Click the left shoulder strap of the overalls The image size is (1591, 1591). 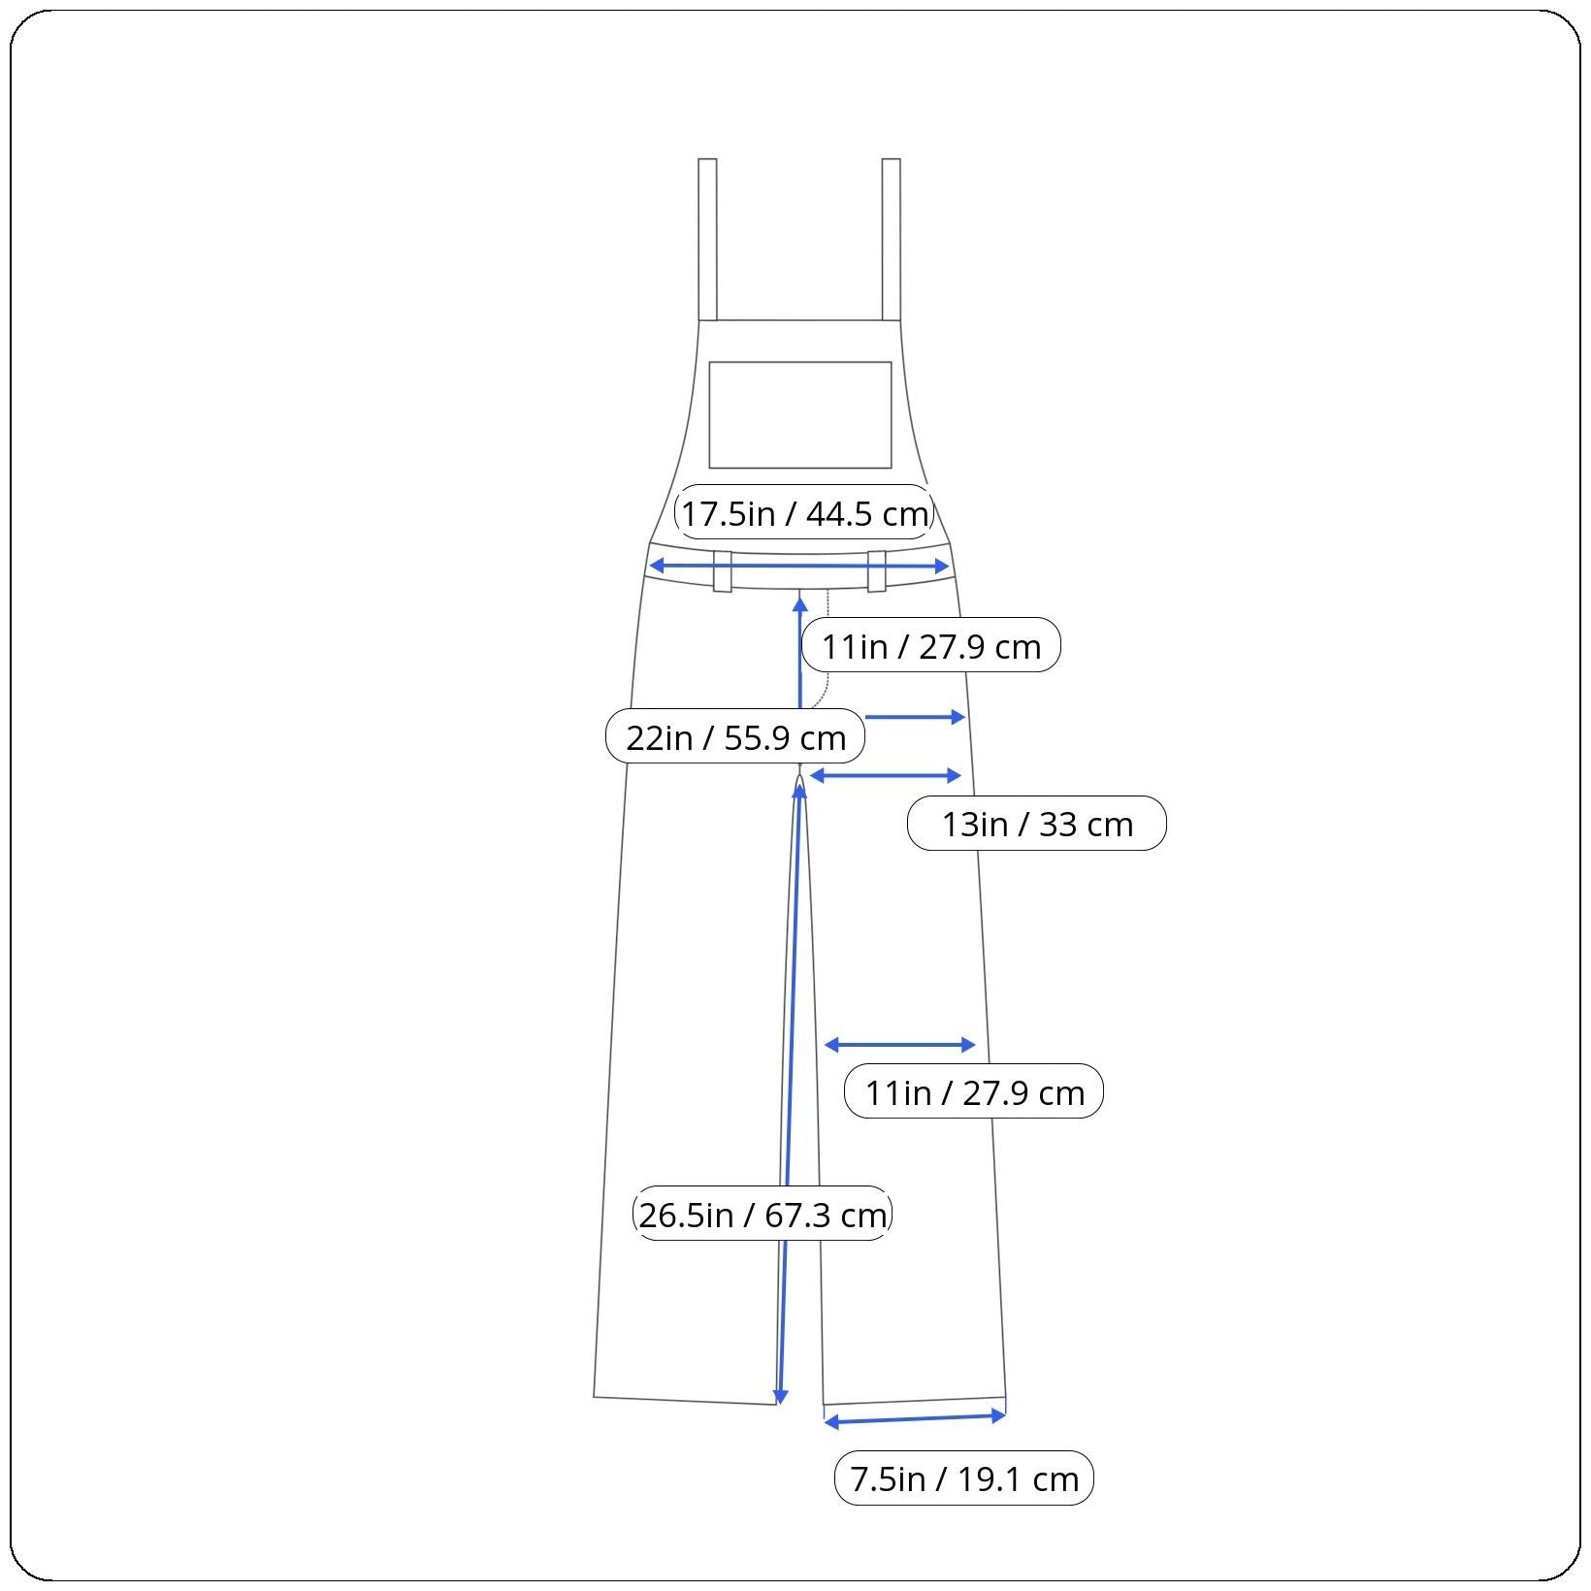pos(707,239)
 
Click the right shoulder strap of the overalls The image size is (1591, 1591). pos(891,239)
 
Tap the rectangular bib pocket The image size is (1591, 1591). pos(800,415)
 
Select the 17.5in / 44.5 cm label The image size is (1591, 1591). pos(804,513)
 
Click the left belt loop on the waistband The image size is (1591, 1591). pos(723,571)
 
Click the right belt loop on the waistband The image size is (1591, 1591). pos(877,571)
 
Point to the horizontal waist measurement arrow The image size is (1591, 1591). pos(798,566)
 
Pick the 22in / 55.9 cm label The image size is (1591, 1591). pos(735,737)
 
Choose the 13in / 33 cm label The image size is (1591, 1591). pos(1037,824)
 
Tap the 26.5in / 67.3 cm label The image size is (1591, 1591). pos(763,1214)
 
